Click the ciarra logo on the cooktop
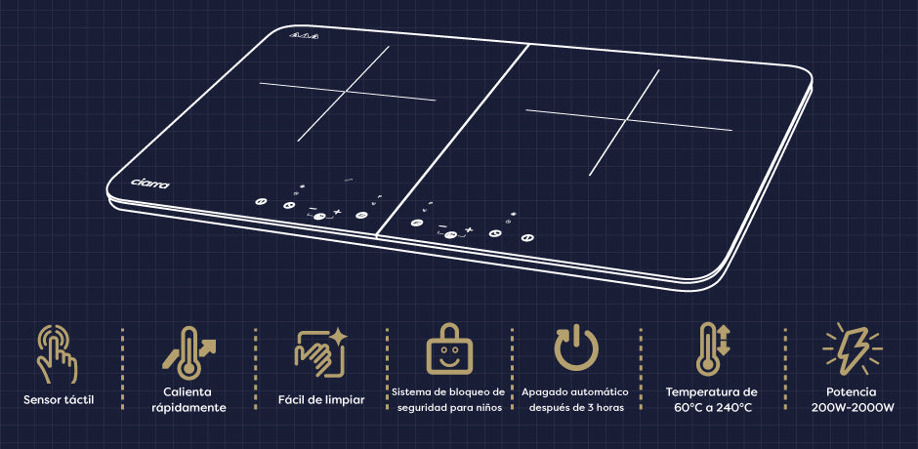point(149,183)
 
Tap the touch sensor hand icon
point(57,354)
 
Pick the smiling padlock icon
point(449,348)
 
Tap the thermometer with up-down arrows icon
point(712,348)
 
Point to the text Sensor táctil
point(59,400)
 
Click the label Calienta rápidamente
point(188,399)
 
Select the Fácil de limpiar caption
point(321,400)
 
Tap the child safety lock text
point(448,399)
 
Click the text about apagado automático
point(574,399)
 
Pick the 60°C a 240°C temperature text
point(712,399)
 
